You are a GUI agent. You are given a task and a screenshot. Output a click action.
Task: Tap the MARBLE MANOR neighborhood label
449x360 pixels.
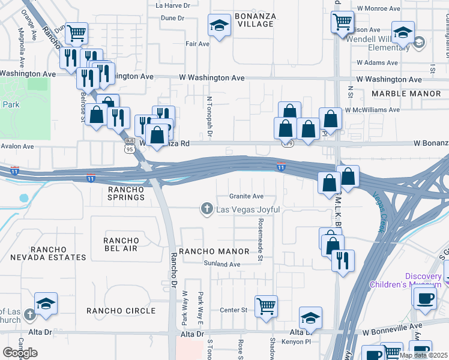[x=406, y=94]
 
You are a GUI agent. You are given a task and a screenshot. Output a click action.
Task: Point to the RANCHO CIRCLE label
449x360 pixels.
[x=121, y=311]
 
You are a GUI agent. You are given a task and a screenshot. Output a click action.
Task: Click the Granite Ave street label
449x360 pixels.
[x=246, y=196]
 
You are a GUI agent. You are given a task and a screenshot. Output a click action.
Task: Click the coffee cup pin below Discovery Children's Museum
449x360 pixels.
[x=426, y=298]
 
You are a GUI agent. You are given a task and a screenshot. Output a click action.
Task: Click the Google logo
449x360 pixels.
[x=19, y=353]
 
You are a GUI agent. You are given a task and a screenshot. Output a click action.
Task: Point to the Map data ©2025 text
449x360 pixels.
[x=423, y=355]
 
